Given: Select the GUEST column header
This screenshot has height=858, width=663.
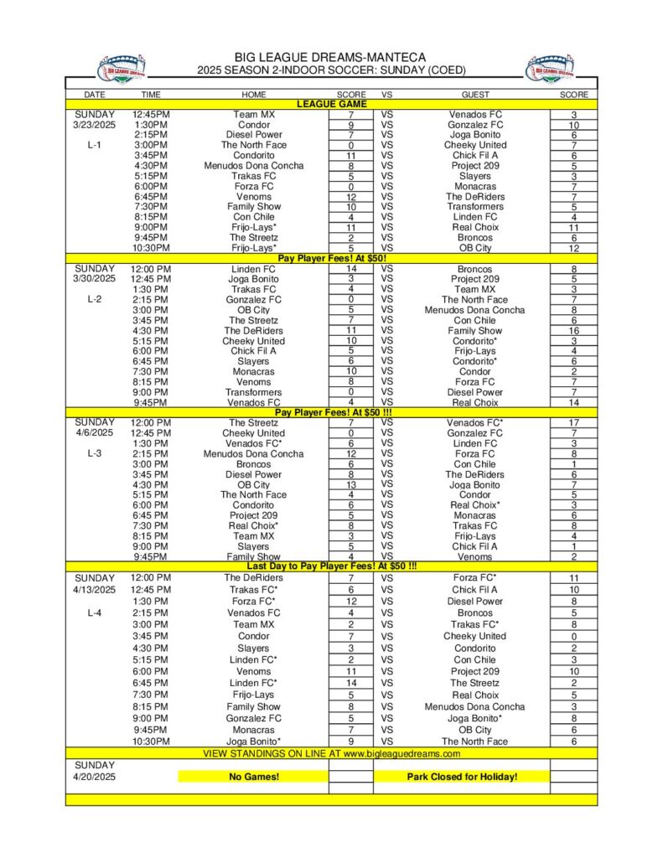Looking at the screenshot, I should coord(474,95).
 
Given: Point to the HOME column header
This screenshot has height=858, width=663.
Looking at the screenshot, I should coord(253,95).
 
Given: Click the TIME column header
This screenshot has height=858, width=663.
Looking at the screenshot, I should coord(151,95).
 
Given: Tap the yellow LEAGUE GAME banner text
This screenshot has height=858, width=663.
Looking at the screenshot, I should coord(331,104).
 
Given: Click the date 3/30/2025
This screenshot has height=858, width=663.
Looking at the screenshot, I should coord(94,279).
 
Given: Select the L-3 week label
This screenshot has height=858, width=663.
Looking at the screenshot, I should coord(94,453).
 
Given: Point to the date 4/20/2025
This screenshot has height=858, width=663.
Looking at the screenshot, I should coord(94,777).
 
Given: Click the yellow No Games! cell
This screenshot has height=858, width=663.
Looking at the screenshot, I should coord(253,777).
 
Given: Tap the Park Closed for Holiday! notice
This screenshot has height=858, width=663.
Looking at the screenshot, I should coord(462,777).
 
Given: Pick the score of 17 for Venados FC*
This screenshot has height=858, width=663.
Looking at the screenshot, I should coord(574,423).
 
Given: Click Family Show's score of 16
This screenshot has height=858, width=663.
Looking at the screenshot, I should coord(574,331).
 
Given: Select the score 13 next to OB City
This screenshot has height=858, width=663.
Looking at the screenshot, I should coord(350,484).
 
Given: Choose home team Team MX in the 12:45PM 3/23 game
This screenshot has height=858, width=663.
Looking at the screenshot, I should coord(253,115).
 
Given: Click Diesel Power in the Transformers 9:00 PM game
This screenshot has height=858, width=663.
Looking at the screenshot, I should coord(474,392).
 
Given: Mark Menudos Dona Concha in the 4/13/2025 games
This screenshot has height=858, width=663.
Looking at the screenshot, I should coord(474,706).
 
